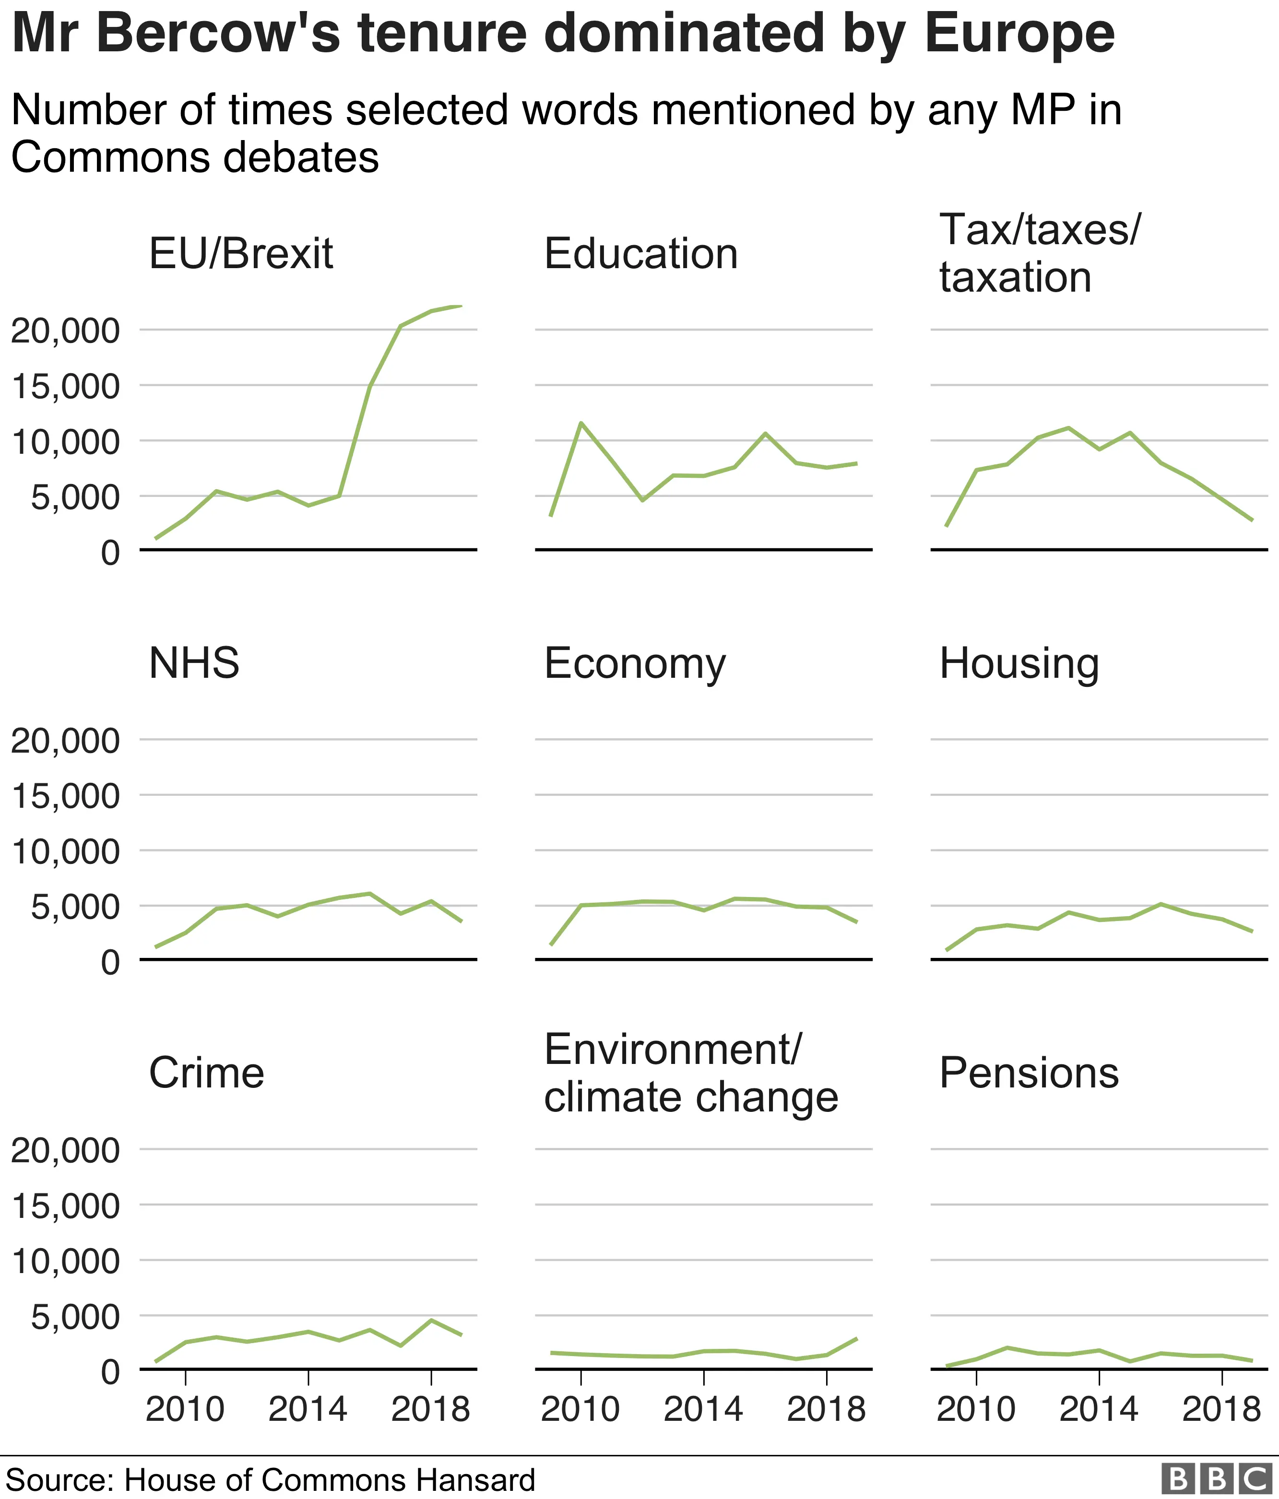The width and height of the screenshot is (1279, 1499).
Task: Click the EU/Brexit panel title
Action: pyautogui.click(x=241, y=254)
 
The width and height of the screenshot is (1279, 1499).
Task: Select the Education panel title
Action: pyautogui.click(x=641, y=254)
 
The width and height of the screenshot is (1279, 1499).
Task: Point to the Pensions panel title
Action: pyautogui.click(x=1029, y=1073)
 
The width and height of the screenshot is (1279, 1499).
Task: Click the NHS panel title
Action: pyautogui.click(x=194, y=663)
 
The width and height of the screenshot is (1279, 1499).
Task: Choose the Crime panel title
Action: pyautogui.click(x=206, y=1073)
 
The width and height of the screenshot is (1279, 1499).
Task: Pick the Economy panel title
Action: pyautogui.click(x=634, y=663)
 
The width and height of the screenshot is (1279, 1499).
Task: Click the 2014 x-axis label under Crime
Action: pyautogui.click(x=308, y=1410)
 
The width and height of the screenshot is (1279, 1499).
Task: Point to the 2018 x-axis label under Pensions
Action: pyautogui.click(x=1221, y=1410)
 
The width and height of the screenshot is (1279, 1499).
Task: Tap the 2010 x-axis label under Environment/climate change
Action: pyautogui.click(x=580, y=1410)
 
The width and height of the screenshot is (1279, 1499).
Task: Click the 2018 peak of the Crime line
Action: pyautogui.click(x=431, y=1320)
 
